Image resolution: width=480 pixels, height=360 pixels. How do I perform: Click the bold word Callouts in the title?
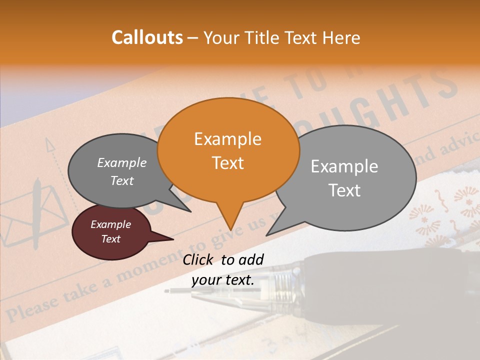pos(147,37)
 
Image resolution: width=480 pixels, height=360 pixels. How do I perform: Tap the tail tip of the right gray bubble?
pos(269,233)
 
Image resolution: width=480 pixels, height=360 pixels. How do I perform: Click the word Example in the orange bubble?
pos(227,139)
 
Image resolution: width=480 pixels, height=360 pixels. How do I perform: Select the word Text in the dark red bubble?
pos(110,239)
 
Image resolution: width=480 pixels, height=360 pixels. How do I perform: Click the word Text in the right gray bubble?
pos(344,190)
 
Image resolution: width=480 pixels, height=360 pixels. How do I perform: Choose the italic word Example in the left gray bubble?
pos(121,163)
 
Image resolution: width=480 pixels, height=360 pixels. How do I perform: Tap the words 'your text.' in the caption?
pos(222,280)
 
